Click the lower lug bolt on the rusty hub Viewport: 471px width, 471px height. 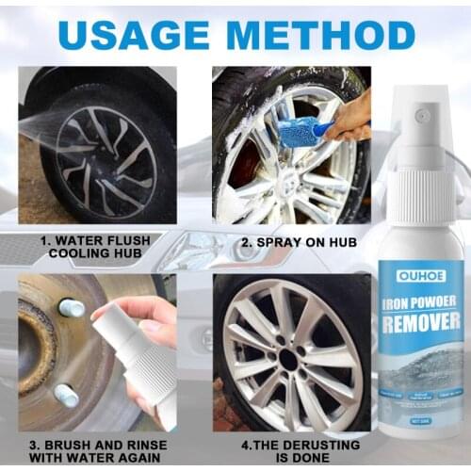pyautogui.click(x=66, y=395)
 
